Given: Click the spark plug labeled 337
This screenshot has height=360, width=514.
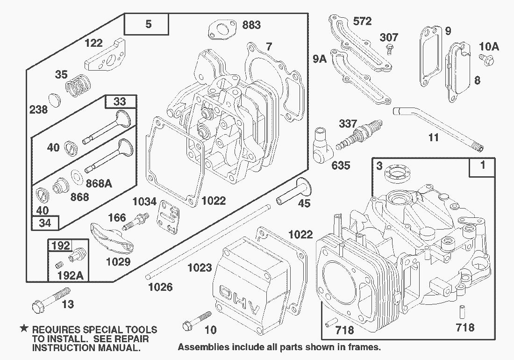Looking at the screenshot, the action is pos(359,135).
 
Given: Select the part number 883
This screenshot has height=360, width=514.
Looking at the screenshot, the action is pos(251,25).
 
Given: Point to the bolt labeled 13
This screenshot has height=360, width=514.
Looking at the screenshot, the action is pos(51,300).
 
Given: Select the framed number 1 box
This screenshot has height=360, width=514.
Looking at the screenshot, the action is pos(482,167).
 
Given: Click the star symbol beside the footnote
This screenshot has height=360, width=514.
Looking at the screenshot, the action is pos(24,328).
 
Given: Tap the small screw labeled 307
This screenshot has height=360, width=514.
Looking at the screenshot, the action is pos(389,49).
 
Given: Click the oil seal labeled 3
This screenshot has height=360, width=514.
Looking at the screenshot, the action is pos(397,173).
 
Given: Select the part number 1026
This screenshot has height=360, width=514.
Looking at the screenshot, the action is pos(160,287).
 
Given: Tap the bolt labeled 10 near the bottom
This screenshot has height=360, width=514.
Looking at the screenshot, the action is pos(197,321).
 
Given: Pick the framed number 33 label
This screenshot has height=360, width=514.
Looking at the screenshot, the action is pos(120,101).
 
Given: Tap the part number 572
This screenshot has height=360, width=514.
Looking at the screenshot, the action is pos(362,22).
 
